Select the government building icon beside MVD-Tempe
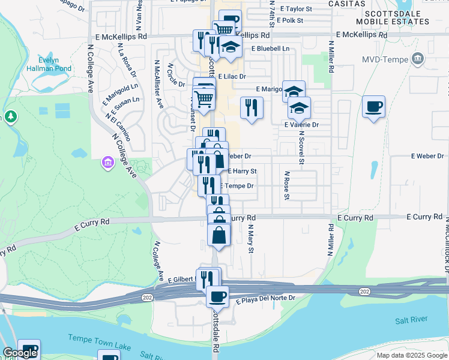(417, 59)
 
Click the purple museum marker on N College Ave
(108, 163)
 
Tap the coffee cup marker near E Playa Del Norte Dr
(217, 296)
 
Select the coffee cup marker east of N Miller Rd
(373, 107)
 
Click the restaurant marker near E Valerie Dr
(251, 107)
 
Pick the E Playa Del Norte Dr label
(265, 298)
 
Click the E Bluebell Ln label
(270, 48)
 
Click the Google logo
(20, 353)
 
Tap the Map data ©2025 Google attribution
(411, 355)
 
